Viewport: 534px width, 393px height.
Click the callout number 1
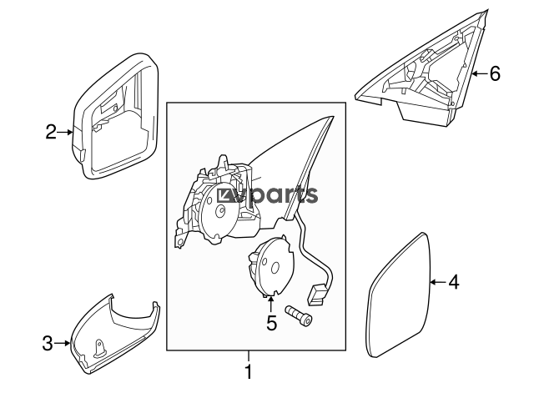coord(249,371)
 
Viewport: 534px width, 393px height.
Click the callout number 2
coord(51,132)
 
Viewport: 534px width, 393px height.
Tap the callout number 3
coord(48,343)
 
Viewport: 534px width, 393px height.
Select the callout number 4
coord(454,282)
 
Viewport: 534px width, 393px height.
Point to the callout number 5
coord(271,323)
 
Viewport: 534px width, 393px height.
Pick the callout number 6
coord(495,73)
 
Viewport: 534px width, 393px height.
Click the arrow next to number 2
coord(65,132)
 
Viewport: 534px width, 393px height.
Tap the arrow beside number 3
coord(62,343)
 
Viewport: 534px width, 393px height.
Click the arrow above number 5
coord(271,305)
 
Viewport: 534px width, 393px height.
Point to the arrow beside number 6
coord(480,73)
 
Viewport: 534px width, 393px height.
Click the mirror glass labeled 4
coord(400,295)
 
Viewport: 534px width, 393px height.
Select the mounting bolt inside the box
coord(299,316)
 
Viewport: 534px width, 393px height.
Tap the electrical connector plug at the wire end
coord(316,295)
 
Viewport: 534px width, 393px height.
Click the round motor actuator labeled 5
coord(270,267)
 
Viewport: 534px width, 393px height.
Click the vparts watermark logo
coord(267,195)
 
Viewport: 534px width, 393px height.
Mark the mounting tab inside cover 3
coord(100,348)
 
